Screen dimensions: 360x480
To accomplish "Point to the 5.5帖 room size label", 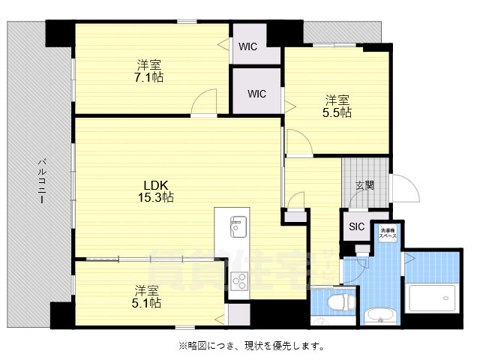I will coord(337,112).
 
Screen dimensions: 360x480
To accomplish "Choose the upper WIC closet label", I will coord(248,46).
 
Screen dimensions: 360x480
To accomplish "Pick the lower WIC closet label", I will coord(257,94).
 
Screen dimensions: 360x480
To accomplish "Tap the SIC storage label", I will coord(356,226).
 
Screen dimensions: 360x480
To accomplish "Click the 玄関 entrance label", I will coord(365,185).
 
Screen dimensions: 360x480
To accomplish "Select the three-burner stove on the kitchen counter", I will coord(240,281).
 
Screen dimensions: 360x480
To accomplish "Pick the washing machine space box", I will coord(388,232).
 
